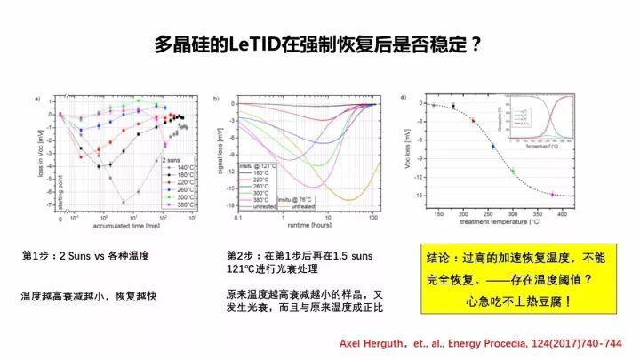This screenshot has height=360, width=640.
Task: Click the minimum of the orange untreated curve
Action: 347,199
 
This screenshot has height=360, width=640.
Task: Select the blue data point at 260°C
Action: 492,145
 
